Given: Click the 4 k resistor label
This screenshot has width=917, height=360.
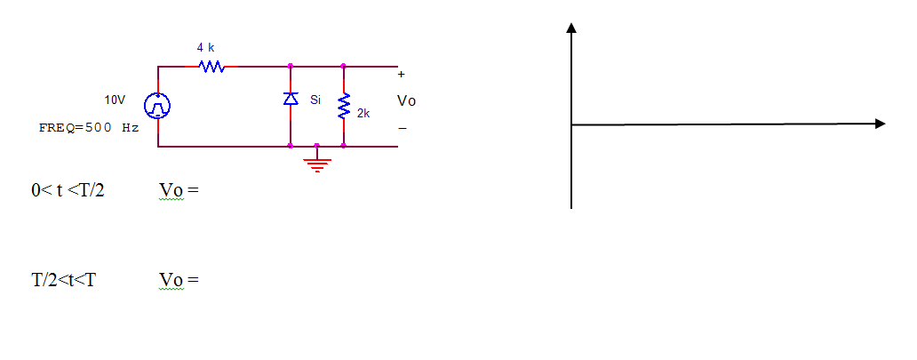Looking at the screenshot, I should [x=205, y=46].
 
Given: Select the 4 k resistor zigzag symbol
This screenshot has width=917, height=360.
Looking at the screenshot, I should [x=211, y=66].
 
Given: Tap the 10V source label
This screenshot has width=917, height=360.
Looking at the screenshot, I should [x=116, y=100].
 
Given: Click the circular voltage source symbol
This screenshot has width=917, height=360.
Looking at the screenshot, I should [x=158, y=106].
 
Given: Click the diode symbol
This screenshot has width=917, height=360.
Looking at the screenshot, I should [x=291, y=100].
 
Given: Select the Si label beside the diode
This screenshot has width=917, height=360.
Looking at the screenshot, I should [x=315, y=100].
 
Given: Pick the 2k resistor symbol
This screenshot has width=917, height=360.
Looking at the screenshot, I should [x=344, y=106].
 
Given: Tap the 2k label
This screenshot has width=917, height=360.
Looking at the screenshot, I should [x=363, y=115].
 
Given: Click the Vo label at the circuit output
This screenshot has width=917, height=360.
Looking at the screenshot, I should [x=406, y=101].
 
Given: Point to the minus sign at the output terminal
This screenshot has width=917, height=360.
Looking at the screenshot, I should [x=402, y=129].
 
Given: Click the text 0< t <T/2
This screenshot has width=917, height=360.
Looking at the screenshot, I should [x=68, y=190].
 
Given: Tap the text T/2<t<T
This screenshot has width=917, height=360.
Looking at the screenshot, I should [x=64, y=280].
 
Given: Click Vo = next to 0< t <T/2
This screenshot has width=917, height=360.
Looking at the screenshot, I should [x=177, y=190].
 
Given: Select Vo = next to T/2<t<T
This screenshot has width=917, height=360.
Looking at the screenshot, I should [x=178, y=280].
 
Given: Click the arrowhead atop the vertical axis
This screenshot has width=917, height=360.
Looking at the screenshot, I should [x=571, y=28].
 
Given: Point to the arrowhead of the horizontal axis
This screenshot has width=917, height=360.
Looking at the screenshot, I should [x=880, y=124].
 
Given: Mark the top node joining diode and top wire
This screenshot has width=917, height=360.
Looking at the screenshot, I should [x=291, y=66].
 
